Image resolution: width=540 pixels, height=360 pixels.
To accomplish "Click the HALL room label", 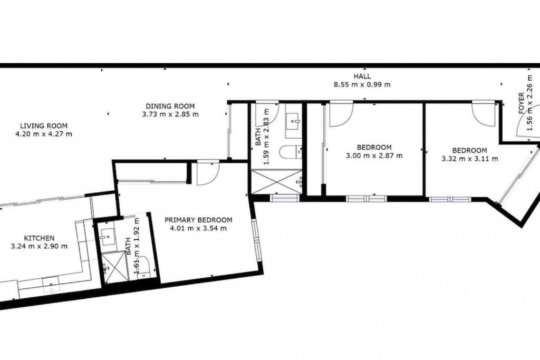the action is (x=362, y=76).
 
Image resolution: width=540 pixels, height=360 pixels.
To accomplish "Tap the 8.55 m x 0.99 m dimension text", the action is (x=362, y=85).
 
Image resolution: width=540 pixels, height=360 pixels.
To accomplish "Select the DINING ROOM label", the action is (x=170, y=106).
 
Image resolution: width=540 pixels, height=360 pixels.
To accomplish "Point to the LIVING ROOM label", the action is (x=43, y=126).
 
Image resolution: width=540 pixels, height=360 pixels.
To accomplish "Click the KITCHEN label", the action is (x=39, y=238).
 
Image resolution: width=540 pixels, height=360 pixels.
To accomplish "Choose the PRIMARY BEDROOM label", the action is (x=198, y=220).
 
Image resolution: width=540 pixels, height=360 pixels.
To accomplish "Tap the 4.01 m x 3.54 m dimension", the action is (x=198, y=228).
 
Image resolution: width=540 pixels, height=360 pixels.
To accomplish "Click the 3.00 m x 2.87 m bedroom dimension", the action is (x=374, y=155).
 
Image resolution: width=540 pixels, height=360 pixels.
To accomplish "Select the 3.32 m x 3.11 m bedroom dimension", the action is (x=470, y=159).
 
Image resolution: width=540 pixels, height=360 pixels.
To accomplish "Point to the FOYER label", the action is (x=521, y=103).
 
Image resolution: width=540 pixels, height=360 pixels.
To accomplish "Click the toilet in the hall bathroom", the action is (x=291, y=152).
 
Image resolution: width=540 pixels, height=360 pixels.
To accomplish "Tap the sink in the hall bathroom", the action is (x=294, y=121).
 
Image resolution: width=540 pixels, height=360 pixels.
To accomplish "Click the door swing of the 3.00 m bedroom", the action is (x=341, y=114).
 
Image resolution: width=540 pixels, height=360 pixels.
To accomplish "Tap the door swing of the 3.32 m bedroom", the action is (x=484, y=112).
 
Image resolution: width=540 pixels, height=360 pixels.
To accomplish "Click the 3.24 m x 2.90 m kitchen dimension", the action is (x=39, y=247).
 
